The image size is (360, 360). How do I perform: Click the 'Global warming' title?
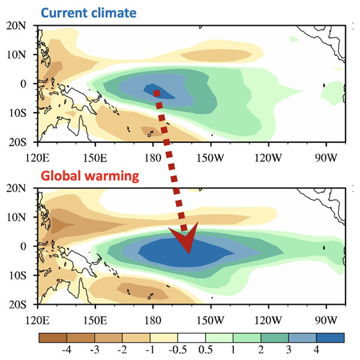coord(89,176)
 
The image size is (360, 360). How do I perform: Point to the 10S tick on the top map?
coord(22,112)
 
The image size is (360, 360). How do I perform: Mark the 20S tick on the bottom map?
coord(22,304)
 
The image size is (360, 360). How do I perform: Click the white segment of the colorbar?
coord(191,337)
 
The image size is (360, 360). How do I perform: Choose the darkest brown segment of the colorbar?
coord(53,337)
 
